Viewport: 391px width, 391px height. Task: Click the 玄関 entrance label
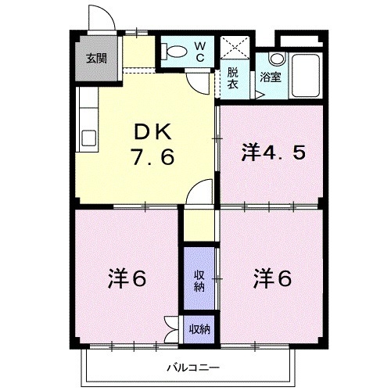point(96,58)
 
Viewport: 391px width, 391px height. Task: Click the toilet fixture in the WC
point(174,52)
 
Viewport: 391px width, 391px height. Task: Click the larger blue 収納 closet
point(199,279)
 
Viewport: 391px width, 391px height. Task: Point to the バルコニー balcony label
point(191,367)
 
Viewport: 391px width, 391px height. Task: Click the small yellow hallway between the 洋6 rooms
point(199,227)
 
